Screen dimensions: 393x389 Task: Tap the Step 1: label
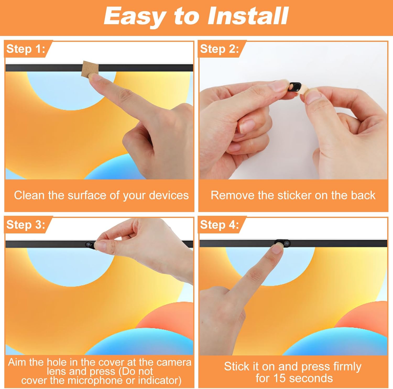26,49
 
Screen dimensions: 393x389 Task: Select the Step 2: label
220,49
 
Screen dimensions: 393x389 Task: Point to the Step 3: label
26,225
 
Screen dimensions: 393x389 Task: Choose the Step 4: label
220,225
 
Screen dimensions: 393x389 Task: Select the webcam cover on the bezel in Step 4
282,243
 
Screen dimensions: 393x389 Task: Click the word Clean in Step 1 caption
30,195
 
